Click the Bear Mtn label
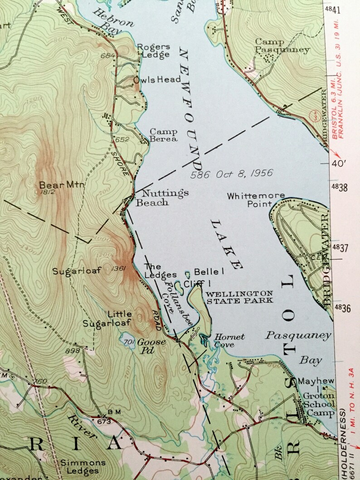(x=56, y=185)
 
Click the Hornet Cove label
(x=229, y=340)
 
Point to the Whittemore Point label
(x=256, y=200)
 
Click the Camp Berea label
(x=164, y=135)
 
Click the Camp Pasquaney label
(x=282, y=45)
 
